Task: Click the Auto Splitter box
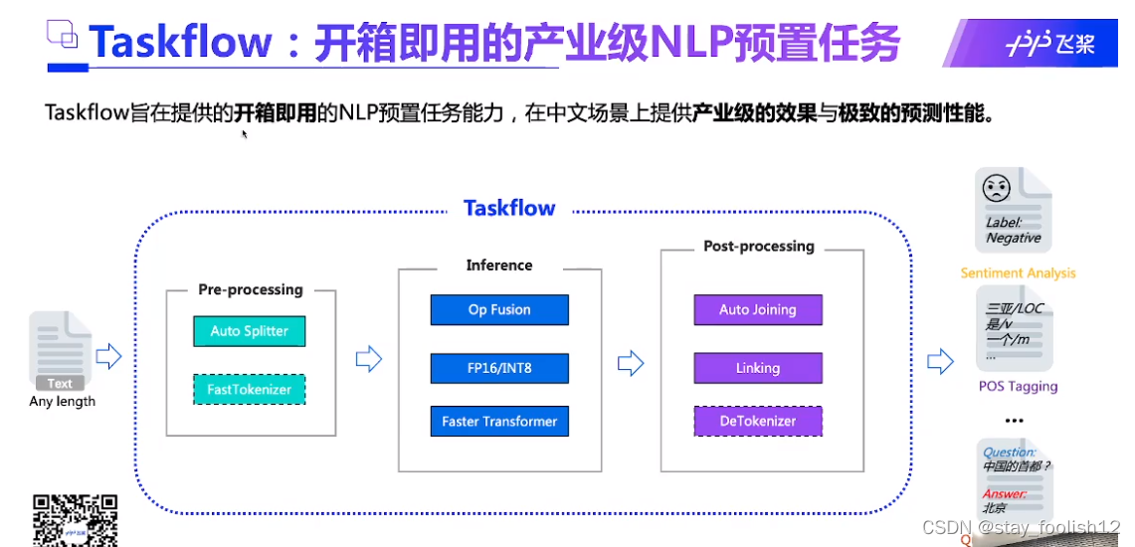(x=250, y=331)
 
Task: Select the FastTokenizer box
(x=250, y=389)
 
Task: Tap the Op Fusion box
(x=499, y=309)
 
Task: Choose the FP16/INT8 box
(x=499, y=368)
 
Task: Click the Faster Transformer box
(x=499, y=421)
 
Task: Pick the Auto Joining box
(x=758, y=309)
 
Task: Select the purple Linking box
(x=758, y=368)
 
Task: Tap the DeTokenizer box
(x=758, y=421)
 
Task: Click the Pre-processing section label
(x=251, y=289)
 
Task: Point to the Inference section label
(x=499, y=265)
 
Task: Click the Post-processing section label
(x=759, y=246)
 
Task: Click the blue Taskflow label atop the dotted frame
(x=509, y=208)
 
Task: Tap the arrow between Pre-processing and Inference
(x=368, y=359)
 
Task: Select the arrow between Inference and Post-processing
(x=631, y=363)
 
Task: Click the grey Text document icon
(x=60, y=351)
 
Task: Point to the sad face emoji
(x=996, y=188)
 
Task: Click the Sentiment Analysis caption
(x=1018, y=273)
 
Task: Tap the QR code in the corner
(x=76, y=519)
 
